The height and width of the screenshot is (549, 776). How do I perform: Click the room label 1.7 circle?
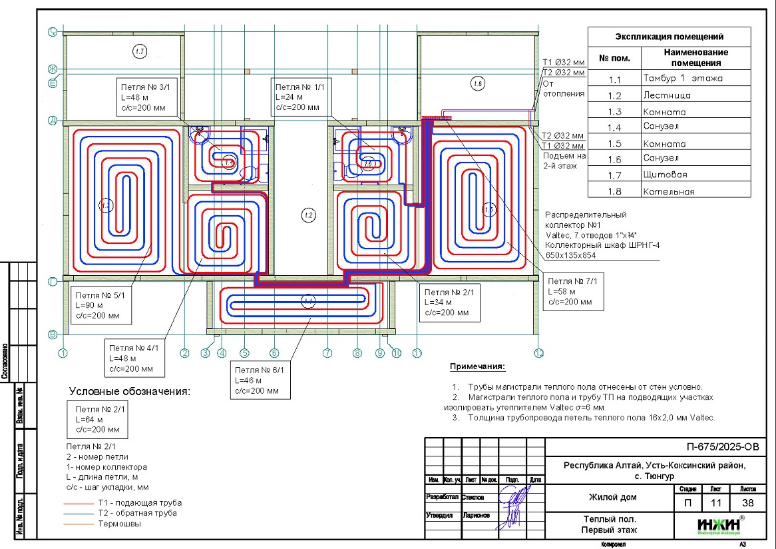point(138,51)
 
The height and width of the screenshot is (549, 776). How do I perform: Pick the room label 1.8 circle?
point(477,83)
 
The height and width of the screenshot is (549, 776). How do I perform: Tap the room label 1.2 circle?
point(307,215)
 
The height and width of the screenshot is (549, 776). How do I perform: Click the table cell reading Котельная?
point(668,191)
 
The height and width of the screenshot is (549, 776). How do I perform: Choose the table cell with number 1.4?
point(614,128)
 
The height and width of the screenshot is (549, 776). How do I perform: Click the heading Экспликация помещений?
point(669,37)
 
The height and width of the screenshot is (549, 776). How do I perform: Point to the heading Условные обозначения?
point(130,391)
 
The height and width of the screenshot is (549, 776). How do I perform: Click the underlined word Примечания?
point(477,367)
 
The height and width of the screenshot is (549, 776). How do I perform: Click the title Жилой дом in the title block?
point(612,497)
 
